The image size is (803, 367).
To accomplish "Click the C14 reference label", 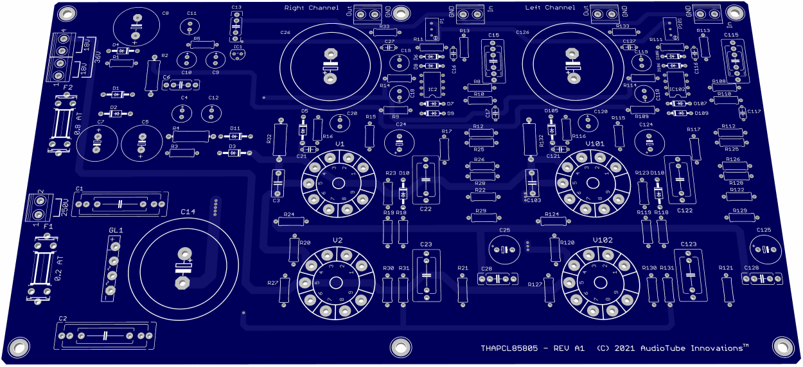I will pyautogui.click(x=188, y=212).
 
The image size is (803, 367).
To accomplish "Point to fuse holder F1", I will pyautogui.click(x=40, y=268).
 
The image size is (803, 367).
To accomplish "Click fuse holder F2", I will pyautogui.click(x=62, y=124).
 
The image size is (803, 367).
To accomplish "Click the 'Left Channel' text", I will pyautogui.click(x=550, y=8).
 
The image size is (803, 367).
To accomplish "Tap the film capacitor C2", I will pyautogui.click(x=106, y=336).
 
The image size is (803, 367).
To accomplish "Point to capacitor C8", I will pyautogui.click(x=136, y=28).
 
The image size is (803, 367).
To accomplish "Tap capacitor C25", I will pyautogui.click(x=505, y=248).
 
